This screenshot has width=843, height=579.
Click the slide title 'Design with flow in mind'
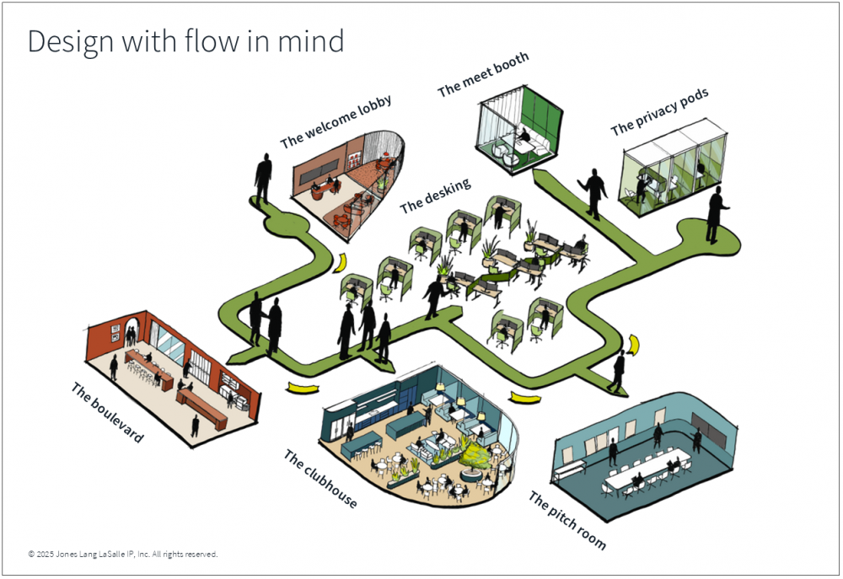[x=185, y=41]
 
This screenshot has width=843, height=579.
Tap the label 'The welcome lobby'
[x=336, y=123]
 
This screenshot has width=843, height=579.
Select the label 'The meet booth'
[x=482, y=74]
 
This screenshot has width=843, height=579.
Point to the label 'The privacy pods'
[x=658, y=110]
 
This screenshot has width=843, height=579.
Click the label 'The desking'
[x=435, y=194]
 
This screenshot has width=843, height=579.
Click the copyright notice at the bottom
[x=123, y=554]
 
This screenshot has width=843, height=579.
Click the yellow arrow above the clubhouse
[x=303, y=388]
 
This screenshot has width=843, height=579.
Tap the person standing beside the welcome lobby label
[x=263, y=178]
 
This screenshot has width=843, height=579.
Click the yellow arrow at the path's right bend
[x=634, y=344]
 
